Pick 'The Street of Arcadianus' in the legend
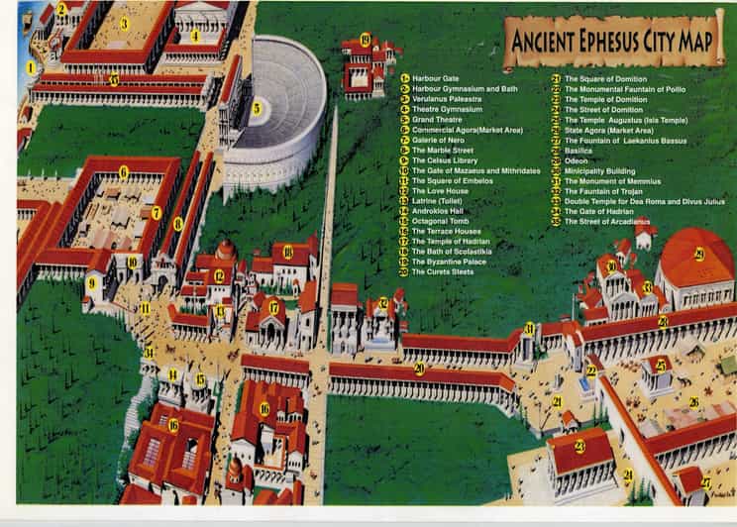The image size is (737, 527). tap(608, 222)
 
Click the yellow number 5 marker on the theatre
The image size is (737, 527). tap(256, 108)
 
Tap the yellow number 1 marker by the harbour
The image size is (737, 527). tap(31, 68)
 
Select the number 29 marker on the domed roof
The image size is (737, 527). tap(698, 255)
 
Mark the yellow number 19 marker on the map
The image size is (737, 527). tap(365, 40)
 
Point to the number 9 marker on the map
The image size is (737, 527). tap(91, 282)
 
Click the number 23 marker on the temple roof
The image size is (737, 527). tap(579, 446)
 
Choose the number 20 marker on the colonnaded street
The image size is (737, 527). tap(419, 369)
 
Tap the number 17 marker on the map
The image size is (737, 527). tap(273, 307)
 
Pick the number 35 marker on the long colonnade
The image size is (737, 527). tap(114, 79)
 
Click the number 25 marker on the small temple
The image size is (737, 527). tap(660, 366)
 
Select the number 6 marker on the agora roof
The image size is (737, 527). tap(123, 171)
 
